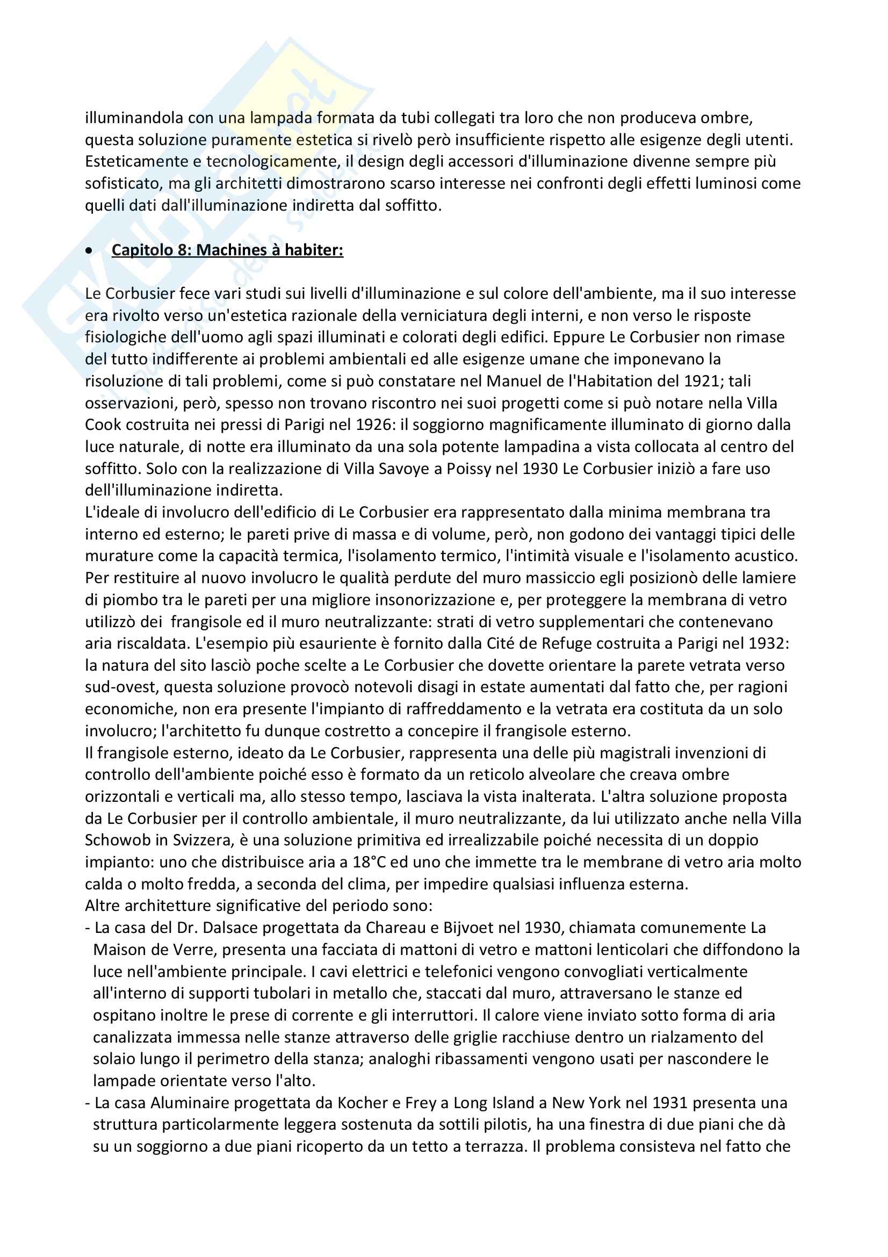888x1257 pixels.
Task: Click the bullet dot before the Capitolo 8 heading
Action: [89, 251]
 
